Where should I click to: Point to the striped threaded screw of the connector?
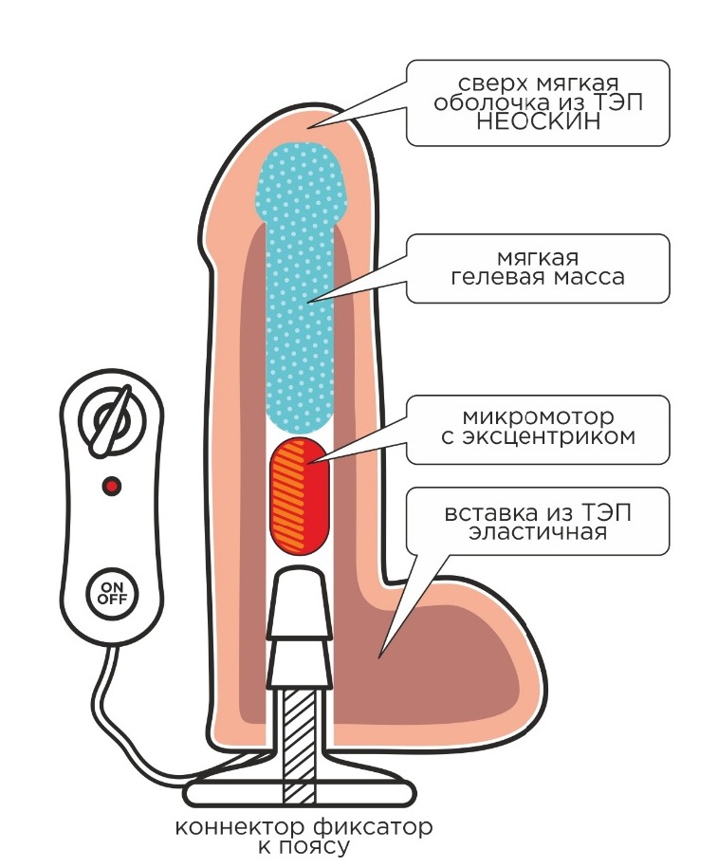(x=299, y=731)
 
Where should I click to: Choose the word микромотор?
(x=538, y=417)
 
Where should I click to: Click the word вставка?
(x=488, y=513)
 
